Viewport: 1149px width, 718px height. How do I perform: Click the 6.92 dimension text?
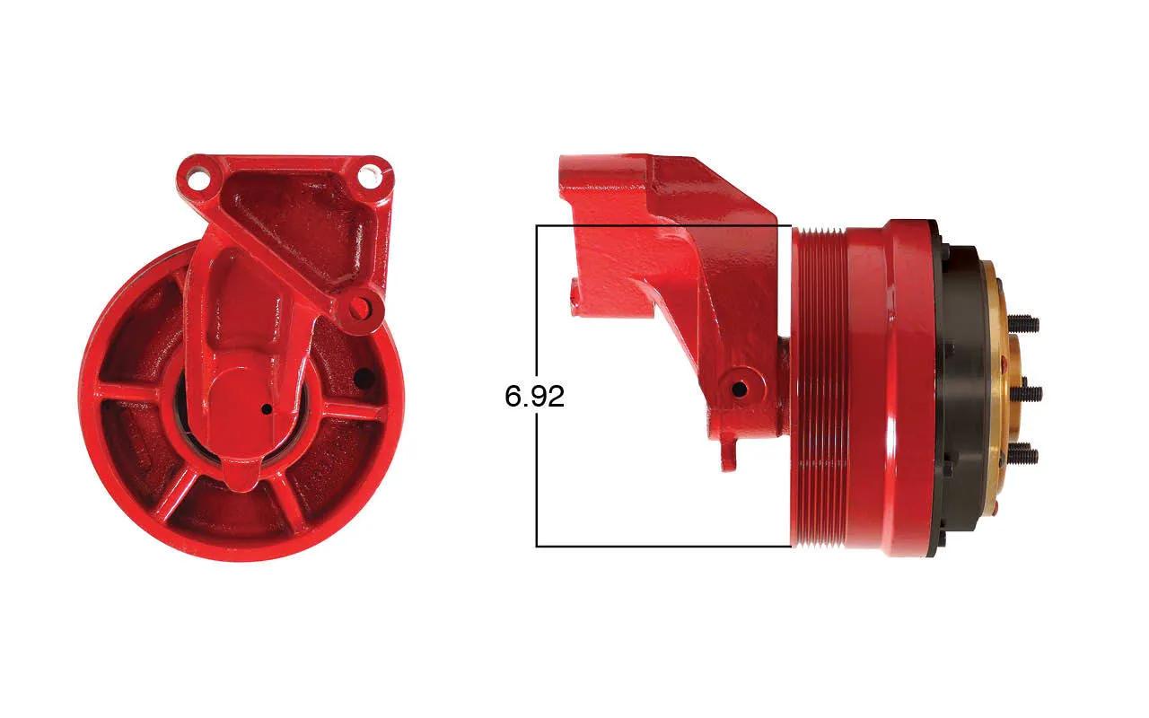click(534, 397)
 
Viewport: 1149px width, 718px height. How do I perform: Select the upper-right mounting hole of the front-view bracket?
click(369, 175)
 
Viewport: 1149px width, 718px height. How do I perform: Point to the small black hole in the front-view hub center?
click(267, 409)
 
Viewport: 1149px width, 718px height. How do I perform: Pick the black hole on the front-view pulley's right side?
click(364, 379)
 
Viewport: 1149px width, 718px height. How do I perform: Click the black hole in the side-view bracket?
click(739, 390)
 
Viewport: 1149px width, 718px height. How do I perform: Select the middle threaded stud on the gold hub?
click(1026, 394)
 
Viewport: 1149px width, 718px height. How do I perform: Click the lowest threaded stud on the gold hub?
click(1022, 455)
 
